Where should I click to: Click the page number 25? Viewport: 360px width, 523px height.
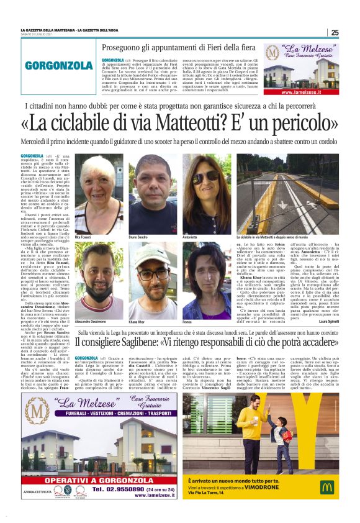click(335, 33)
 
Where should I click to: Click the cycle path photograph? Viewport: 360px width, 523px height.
click(297, 194)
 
